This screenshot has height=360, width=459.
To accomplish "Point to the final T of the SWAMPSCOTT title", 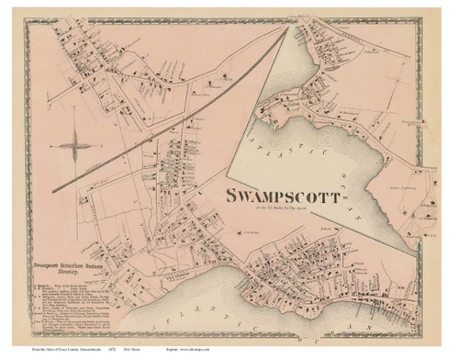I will pos(347,197).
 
